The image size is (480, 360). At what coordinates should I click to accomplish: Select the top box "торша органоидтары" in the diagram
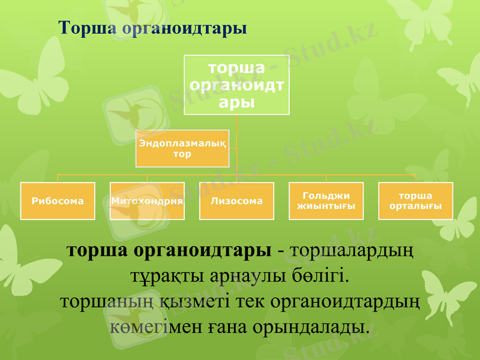[236, 85]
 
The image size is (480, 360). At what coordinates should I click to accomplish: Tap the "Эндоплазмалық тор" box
[182, 148]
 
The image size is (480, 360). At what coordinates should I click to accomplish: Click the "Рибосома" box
[58, 201]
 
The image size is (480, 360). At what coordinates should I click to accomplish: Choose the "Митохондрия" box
[147, 201]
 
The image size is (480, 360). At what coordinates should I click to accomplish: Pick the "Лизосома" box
[236, 201]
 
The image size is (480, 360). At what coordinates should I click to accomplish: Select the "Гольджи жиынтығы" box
[326, 201]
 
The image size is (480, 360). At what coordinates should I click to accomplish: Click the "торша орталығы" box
[415, 201]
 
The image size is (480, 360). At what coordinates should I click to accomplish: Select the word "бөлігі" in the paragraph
[325, 277]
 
